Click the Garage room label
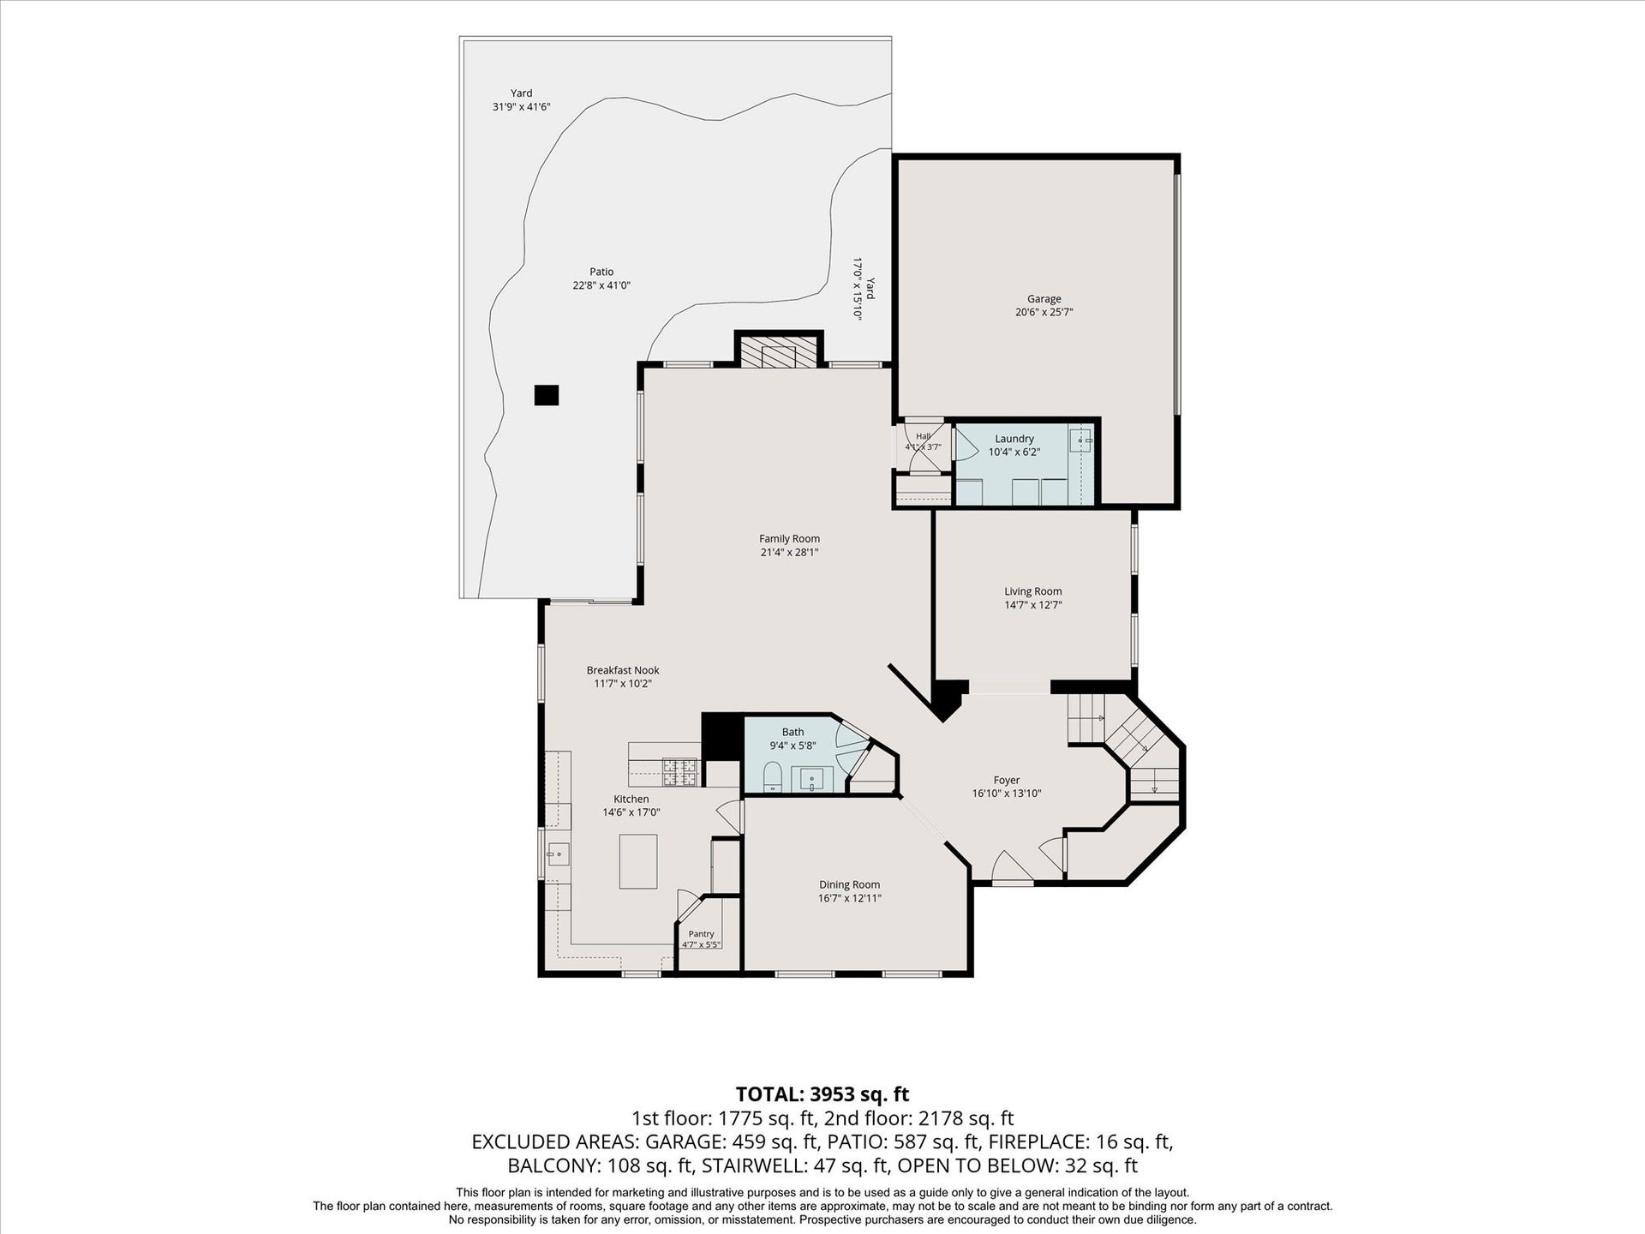pyautogui.click(x=1044, y=299)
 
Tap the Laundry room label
pyautogui.click(x=1014, y=439)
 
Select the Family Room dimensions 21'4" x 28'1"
pyautogui.click(x=789, y=553)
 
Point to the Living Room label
pyautogui.click(x=1032, y=591)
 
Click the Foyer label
pyautogui.click(x=1007, y=780)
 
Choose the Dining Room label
pyautogui.click(x=849, y=884)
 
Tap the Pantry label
pyautogui.click(x=701, y=934)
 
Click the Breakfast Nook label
pyautogui.click(x=623, y=670)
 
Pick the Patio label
pyautogui.click(x=601, y=272)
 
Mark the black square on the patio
pyautogui.click(x=547, y=395)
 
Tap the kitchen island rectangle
pyautogui.click(x=638, y=861)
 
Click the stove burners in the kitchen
pyautogui.click(x=681, y=771)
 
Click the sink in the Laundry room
pyautogui.click(x=1080, y=440)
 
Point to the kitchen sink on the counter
pyautogui.click(x=559, y=854)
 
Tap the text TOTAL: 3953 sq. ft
pyautogui.click(x=822, y=1094)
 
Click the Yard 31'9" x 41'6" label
pyautogui.click(x=521, y=100)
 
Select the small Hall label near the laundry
pyautogui.click(x=923, y=436)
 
